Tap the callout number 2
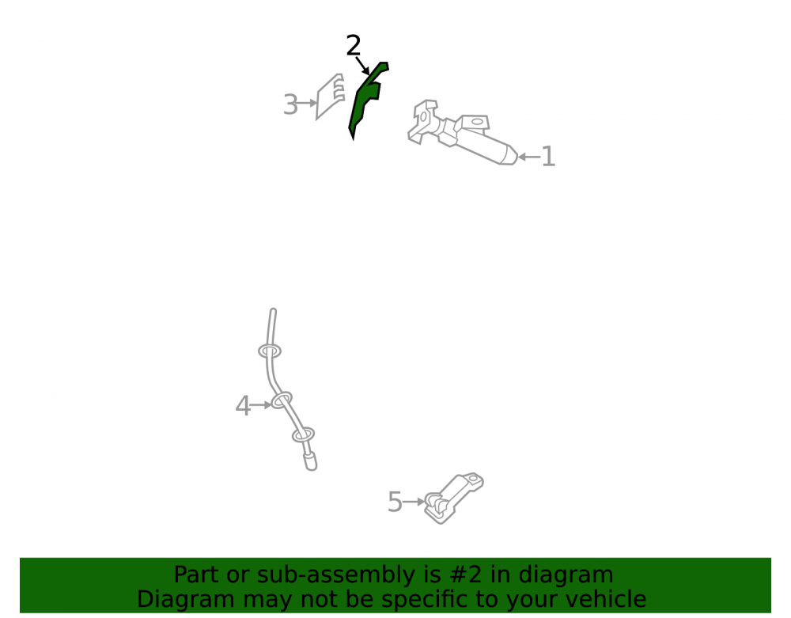[354, 46]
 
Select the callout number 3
[290, 104]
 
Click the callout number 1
[548, 157]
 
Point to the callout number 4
[243, 406]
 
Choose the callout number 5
[395, 502]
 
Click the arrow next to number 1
[528, 157]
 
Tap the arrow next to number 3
[307, 103]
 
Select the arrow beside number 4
[261, 404]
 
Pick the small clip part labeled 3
[330, 97]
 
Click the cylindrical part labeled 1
[462, 132]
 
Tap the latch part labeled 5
[453, 499]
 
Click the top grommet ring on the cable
[270, 351]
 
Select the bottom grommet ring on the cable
[303, 435]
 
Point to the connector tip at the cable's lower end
[310, 461]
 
